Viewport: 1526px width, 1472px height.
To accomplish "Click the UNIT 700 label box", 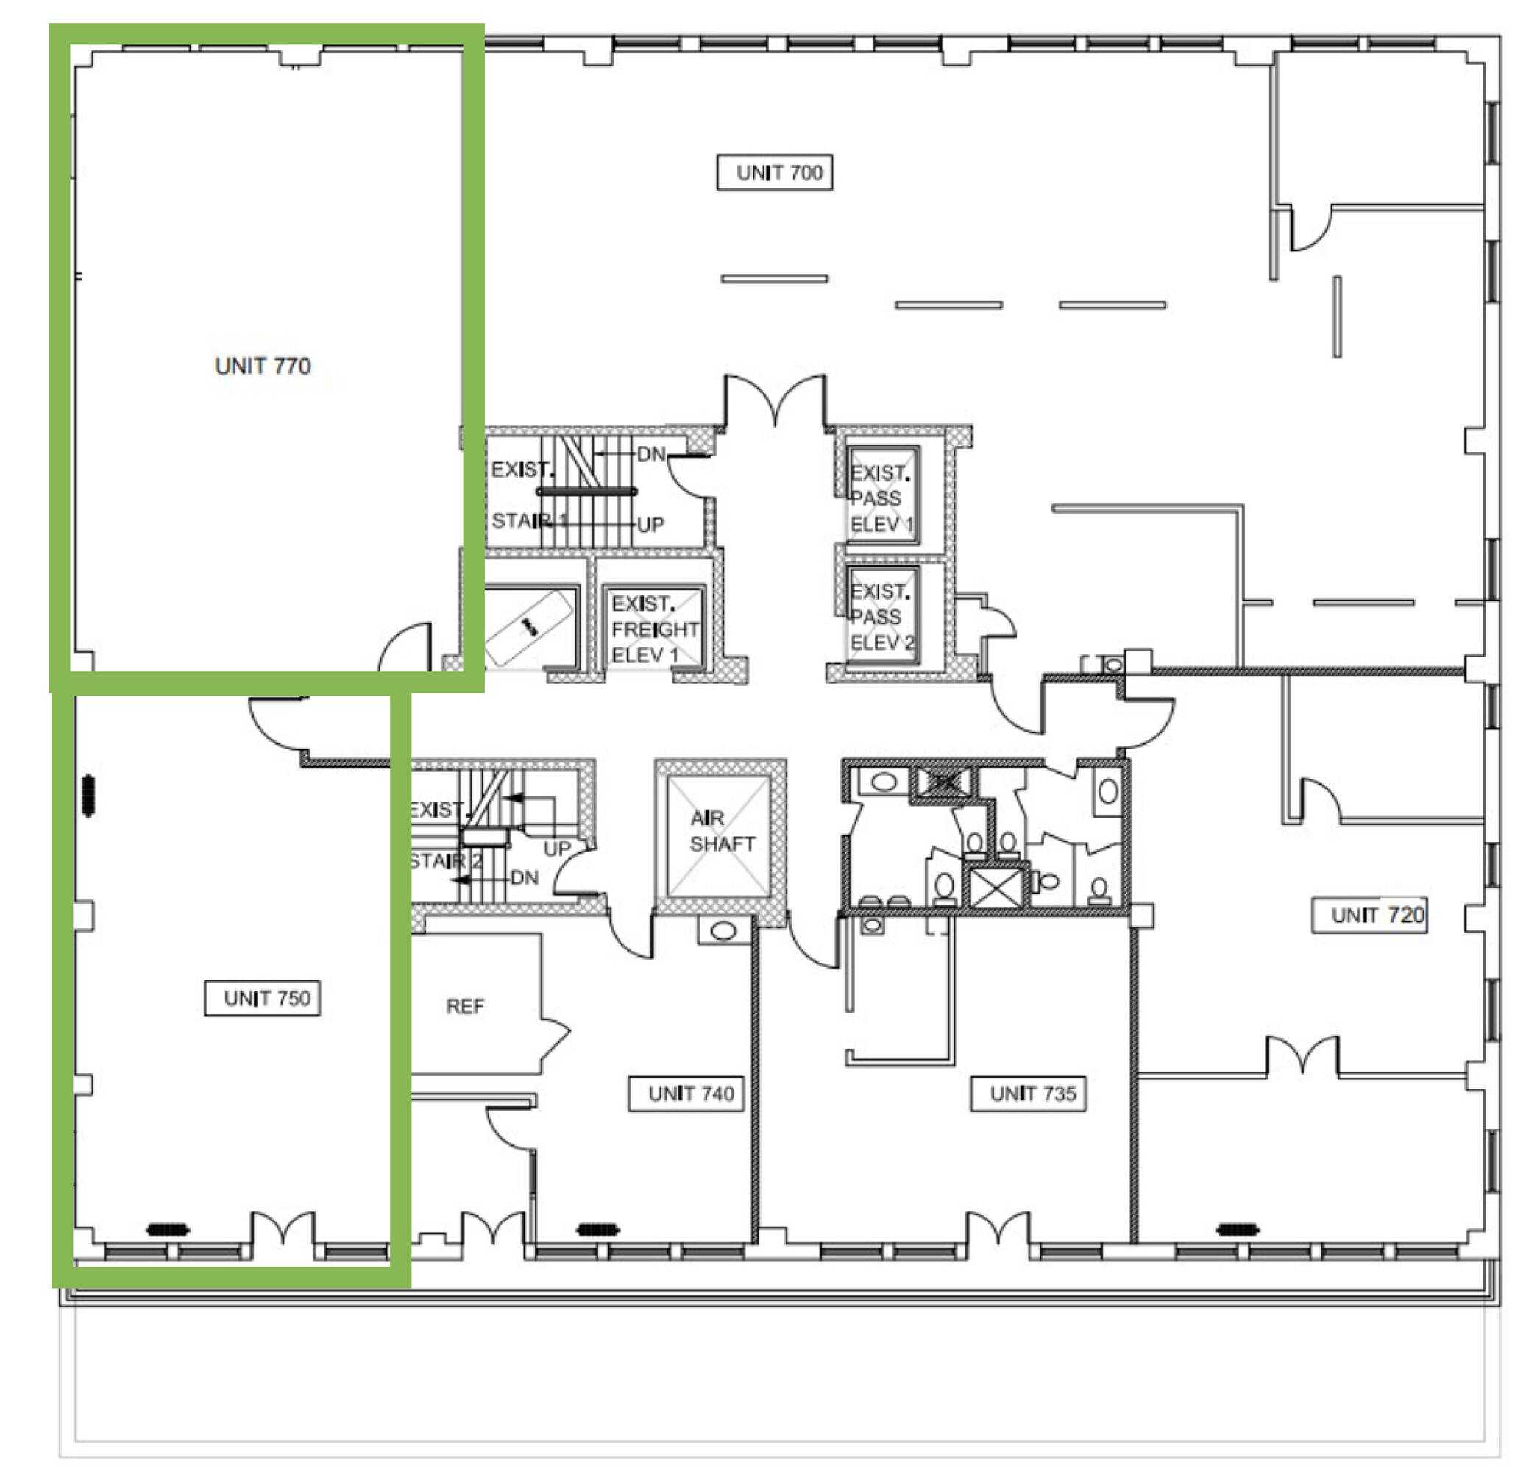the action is pyautogui.click(x=774, y=172).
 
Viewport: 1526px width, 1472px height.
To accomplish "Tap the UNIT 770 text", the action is pyautogui.click(x=263, y=365).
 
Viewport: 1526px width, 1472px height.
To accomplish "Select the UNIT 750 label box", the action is pyautogui.click(x=262, y=998).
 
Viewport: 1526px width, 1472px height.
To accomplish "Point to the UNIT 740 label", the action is pyautogui.click(x=686, y=1094).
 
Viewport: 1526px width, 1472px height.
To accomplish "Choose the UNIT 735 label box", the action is pyautogui.click(x=1028, y=1094).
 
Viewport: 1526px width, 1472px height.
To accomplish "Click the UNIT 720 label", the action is pyautogui.click(x=1369, y=915).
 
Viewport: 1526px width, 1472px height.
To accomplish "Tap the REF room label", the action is pyautogui.click(x=465, y=1006).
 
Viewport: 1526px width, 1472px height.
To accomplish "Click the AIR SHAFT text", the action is pyautogui.click(x=722, y=831).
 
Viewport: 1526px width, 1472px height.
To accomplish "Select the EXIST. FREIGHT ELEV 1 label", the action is pyautogui.click(x=655, y=629).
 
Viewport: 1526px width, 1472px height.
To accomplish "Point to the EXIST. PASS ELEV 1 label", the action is pyautogui.click(x=881, y=498).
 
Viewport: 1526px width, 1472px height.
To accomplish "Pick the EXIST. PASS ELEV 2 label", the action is pyautogui.click(x=882, y=617).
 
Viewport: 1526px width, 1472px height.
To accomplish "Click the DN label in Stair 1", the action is pyautogui.click(x=651, y=454).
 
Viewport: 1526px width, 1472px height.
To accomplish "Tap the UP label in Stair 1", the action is pyautogui.click(x=650, y=525).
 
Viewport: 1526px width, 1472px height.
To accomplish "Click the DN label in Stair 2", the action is pyautogui.click(x=524, y=878).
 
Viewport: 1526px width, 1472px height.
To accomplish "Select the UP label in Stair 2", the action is pyautogui.click(x=557, y=849).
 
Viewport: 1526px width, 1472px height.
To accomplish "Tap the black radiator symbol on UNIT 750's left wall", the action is pyautogui.click(x=88, y=795).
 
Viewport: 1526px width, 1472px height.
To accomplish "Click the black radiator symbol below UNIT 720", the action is pyautogui.click(x=1237, y=1230).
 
